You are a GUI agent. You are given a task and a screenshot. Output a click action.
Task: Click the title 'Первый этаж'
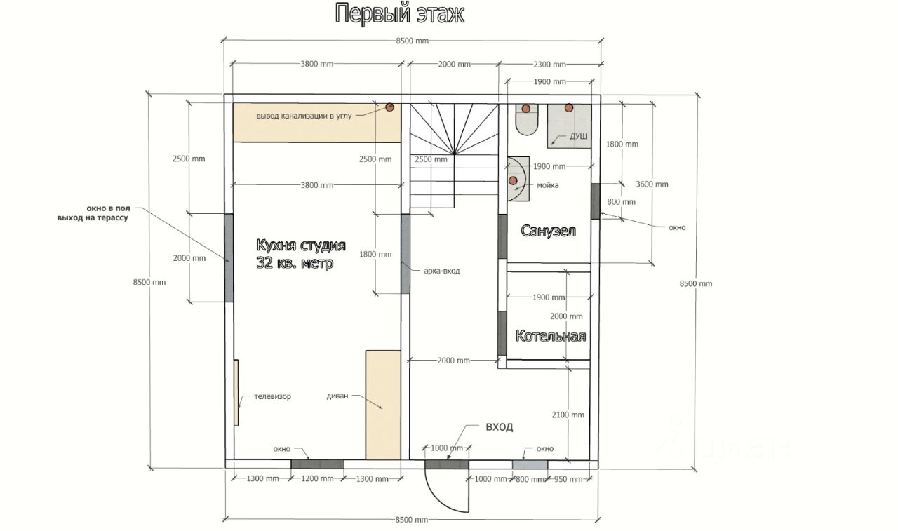pyautogui.click(x=399, y=14)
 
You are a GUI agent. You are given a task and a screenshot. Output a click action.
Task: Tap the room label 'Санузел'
pyautogui.click(x=548, y=231)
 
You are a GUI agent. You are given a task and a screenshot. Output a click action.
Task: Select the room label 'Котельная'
pyautogui.click(x=551, y=336)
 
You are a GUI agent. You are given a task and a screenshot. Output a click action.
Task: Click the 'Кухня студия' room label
pyautogui.click(x=301, y=246)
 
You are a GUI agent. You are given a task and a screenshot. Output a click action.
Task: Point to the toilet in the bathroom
pyautogui.click(x=526, y=119)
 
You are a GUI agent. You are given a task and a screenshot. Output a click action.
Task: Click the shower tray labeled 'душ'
pyautogui.click(x=569, y=126)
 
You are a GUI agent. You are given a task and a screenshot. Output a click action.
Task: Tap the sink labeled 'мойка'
pyautogui.click(x=518, y=179)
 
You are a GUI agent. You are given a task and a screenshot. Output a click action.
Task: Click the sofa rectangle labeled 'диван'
pyautogui.click(x=383, y=405)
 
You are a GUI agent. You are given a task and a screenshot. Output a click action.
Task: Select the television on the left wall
pyautogui.click(x=236, y=393)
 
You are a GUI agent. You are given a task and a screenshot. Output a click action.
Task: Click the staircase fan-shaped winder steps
pyautogui.click(x=454, y=129)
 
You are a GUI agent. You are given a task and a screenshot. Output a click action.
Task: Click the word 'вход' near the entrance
pyautogui.click(x=499, y=426)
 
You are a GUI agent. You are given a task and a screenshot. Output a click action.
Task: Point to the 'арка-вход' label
pyautogui.click(x=442, y=271)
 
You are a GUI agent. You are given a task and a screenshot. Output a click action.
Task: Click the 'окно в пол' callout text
pyautogui.click(x=108, y=208)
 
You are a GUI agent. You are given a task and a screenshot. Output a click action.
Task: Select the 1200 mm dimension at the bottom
pyautogui.click(x=317, y=478)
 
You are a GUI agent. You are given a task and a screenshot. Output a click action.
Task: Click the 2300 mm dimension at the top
pyautogui.click(x=549, y=65)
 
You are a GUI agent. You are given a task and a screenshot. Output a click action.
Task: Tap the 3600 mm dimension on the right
pyautogui.click(x=652, y=184)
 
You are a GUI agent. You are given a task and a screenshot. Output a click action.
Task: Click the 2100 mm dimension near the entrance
pyautogui.click(x=568, y=415)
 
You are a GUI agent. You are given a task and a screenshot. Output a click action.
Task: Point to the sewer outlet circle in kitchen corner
pyautogui.click(x=389, y=107)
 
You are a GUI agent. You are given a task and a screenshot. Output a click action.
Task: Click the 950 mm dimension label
pyautogui.click(x=568, y=479)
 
